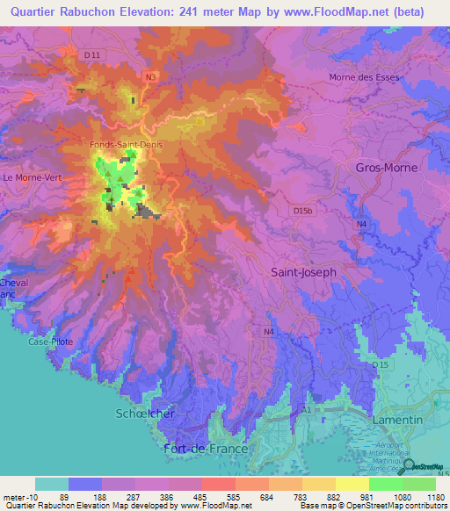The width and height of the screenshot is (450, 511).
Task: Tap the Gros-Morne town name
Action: coord(387,167)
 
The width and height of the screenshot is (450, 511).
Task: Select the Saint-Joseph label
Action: coord(303,272)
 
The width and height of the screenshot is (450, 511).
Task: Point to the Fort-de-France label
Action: coord(207,448)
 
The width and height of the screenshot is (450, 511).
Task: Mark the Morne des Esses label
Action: coord(364,77)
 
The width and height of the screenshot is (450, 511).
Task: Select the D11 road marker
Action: coord(91,54)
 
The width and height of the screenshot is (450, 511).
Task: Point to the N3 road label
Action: coord(151,77)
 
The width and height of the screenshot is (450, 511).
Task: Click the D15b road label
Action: coord(303,211)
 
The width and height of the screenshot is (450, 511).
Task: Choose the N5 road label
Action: coord(441,474)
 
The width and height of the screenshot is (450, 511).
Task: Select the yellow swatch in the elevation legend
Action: coord(352,484)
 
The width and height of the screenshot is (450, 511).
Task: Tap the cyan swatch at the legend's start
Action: coord(51,484)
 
